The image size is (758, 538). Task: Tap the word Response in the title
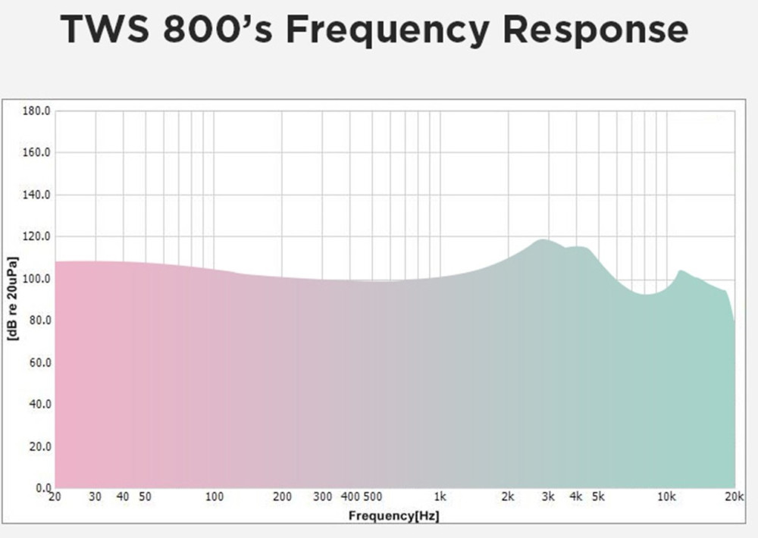coord(596,30)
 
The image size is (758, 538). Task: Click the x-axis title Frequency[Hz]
coord(394,516)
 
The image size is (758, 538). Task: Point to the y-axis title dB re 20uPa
coord(12,299)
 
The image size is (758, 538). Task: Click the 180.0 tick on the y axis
coord(36,111)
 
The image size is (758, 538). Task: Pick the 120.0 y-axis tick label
coord(36,236)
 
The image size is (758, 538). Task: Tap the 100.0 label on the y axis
coord(36,279)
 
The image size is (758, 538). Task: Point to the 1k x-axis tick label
coord(440,498)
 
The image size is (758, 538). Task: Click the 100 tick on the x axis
coord(215,498)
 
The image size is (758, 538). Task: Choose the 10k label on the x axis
coord(666,498)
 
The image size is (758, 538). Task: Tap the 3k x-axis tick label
coord(548,498)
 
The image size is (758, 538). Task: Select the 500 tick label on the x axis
coord(372,498)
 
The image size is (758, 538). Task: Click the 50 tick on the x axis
coord(145,498)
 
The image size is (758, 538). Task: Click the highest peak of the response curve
coord(542,239)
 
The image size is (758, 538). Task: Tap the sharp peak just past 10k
coord(681,270)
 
